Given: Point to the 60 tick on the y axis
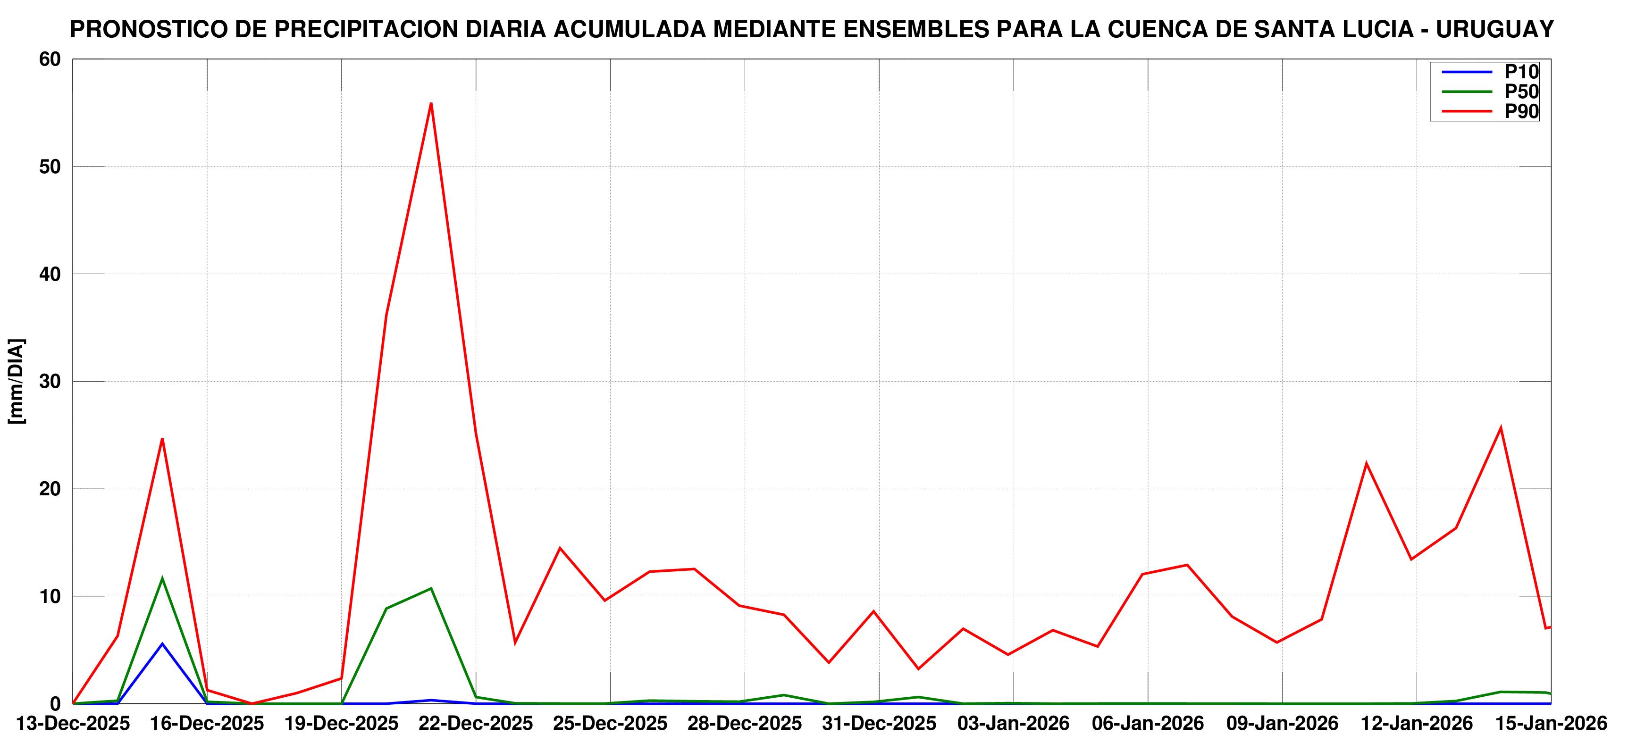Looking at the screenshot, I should coord(50,59).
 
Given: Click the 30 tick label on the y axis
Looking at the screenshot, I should coord(50,382).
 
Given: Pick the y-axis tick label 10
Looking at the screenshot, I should coord(50,596).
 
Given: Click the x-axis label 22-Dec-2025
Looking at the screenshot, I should coord(476,723).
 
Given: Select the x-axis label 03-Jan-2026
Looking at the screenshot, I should coord(1014,723).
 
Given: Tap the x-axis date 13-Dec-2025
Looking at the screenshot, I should coord(73,723).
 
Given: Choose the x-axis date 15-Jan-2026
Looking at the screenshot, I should coord(1550,723).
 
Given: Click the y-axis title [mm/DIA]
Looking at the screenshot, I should coord(17,382).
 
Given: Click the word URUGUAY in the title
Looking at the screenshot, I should coord(1494,30).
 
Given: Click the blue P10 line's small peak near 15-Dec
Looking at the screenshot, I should coord(162,644).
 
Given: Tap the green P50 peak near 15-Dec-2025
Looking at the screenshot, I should coord(162,578).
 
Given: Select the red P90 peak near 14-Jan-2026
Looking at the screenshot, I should coord(1500,428).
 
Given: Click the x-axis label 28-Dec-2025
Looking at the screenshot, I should coord(745,723).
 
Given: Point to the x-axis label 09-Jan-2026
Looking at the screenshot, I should coord(1282,723).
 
